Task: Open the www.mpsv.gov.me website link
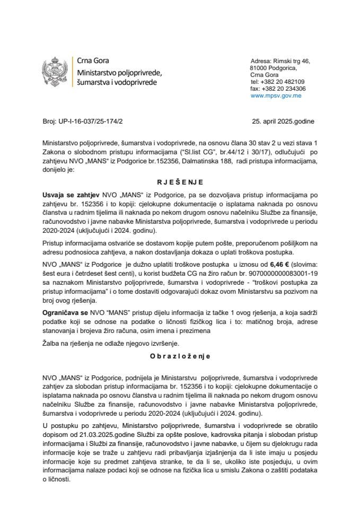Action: [276, 96]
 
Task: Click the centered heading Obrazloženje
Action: [180, 357]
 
